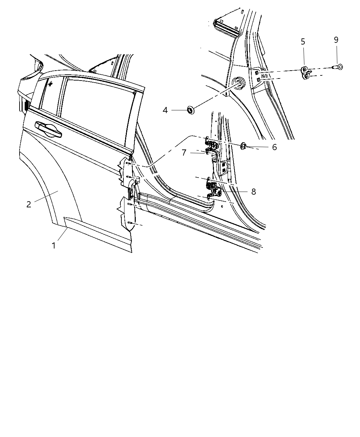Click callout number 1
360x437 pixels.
coord(53,246)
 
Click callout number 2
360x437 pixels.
coord(29,204)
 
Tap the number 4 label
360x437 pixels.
coord(165,110)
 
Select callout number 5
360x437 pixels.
coord(303,41)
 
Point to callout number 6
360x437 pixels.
coord(274,147)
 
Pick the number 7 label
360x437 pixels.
coord(184,153)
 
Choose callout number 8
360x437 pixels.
coord(253,192)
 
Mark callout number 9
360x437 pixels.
coord(336,40)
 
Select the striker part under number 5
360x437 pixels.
coord(306,73)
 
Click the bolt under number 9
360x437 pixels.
coord(337,67)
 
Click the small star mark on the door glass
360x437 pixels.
coord(50,83)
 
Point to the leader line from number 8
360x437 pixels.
coord(237,191)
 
